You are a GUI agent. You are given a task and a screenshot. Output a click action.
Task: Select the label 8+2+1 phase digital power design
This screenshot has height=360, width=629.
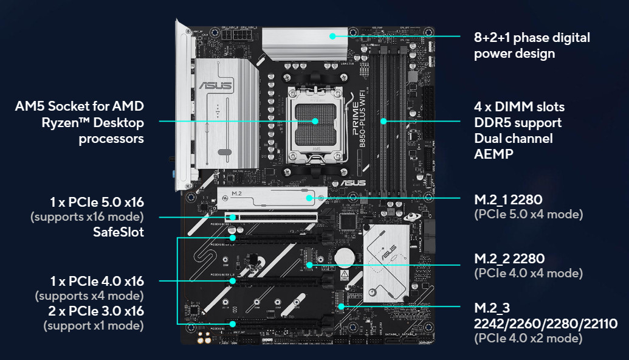click(x=532, y=45)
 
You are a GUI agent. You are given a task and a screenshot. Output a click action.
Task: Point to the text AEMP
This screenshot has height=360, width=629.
click(x=494, y=154)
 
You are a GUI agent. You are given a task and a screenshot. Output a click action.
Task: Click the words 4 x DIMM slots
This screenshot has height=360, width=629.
click(x=519, y=107)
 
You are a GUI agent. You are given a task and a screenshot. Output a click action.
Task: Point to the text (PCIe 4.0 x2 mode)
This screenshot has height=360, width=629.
click(x=528, y=338)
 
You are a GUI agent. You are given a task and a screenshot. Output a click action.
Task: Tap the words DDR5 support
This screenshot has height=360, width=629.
click(x=518, y=123)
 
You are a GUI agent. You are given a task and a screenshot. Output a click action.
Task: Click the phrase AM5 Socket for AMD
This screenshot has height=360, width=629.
click(x=80, y=107)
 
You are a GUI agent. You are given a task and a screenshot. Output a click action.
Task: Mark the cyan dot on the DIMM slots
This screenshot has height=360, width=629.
click(x=383, y=121)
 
